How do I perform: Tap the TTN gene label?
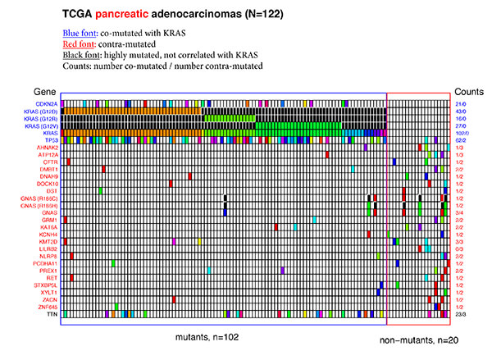(x=52, y=314)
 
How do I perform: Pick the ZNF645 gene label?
(x=48, y=307)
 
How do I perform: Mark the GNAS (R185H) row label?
(x=39, y=205)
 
